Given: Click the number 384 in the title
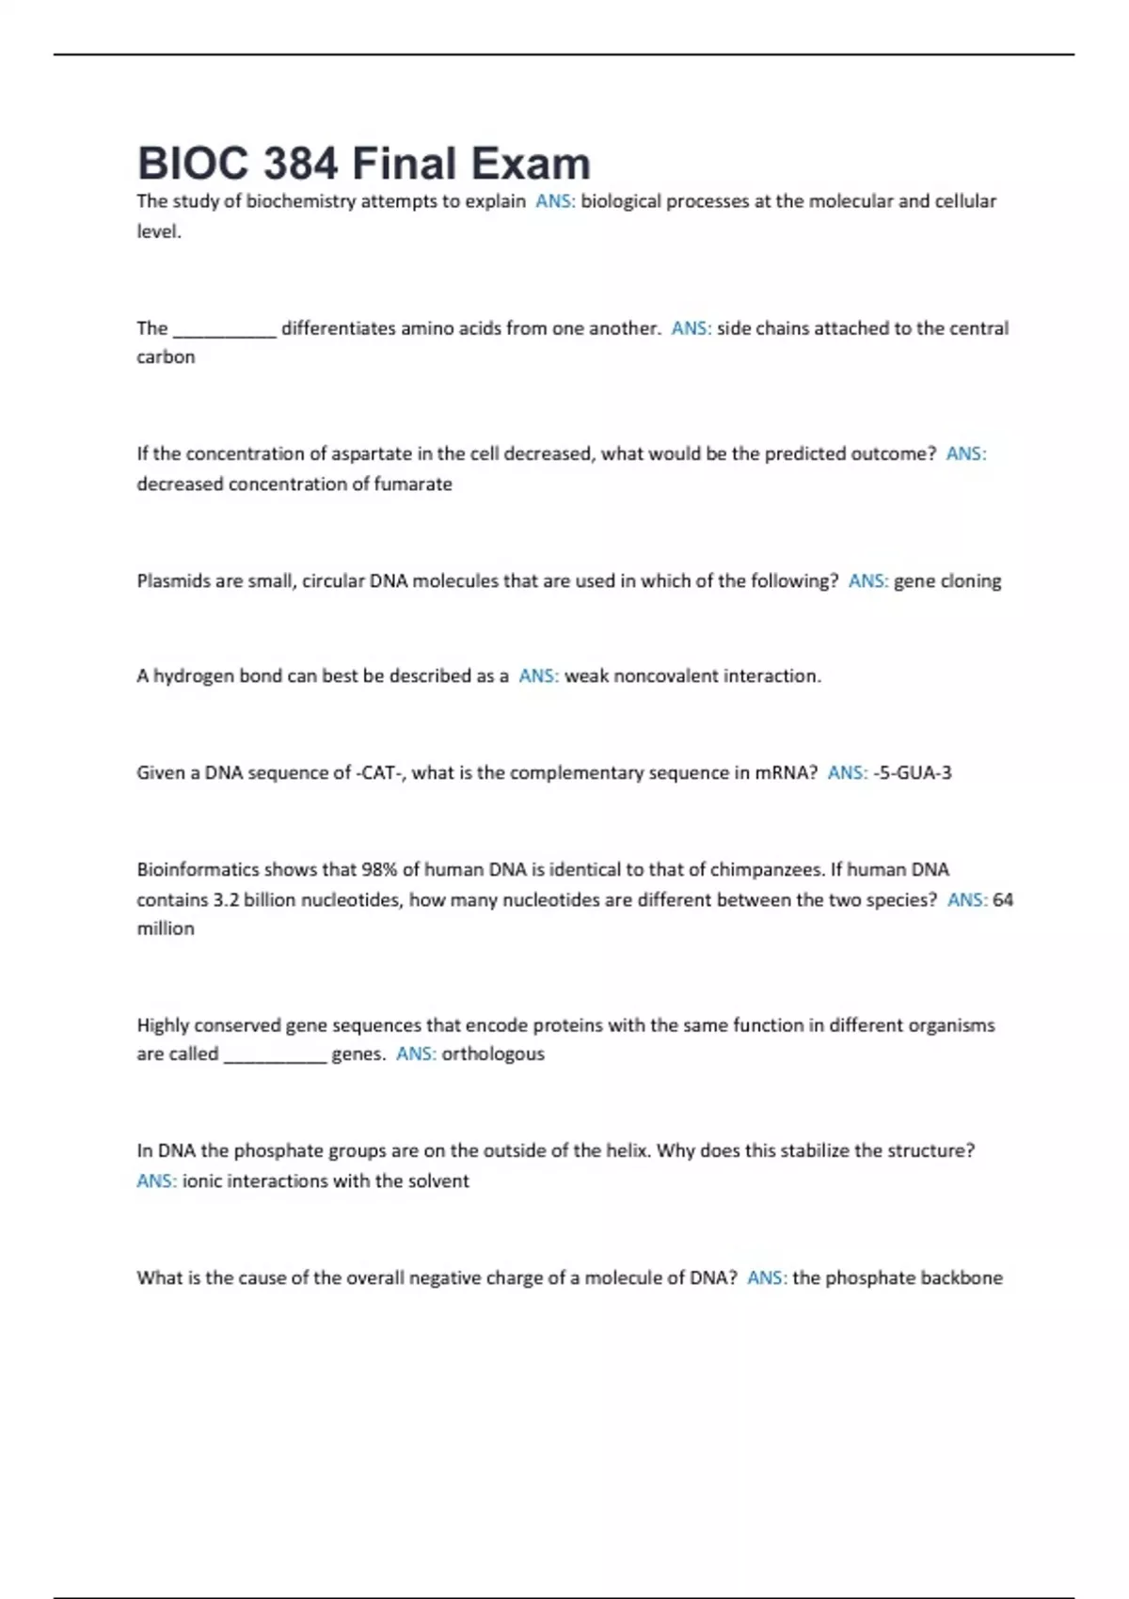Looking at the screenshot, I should [300, 164].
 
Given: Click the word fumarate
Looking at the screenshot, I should [413, 483].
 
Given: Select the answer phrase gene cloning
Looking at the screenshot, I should [947, 580].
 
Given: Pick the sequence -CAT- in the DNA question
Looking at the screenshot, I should [380, 772].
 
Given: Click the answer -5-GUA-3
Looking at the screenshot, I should [913, 772].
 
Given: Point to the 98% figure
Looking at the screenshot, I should [379, 869].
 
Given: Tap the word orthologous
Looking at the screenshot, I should [493, 1053].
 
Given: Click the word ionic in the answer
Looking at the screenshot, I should [201, 1180].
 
